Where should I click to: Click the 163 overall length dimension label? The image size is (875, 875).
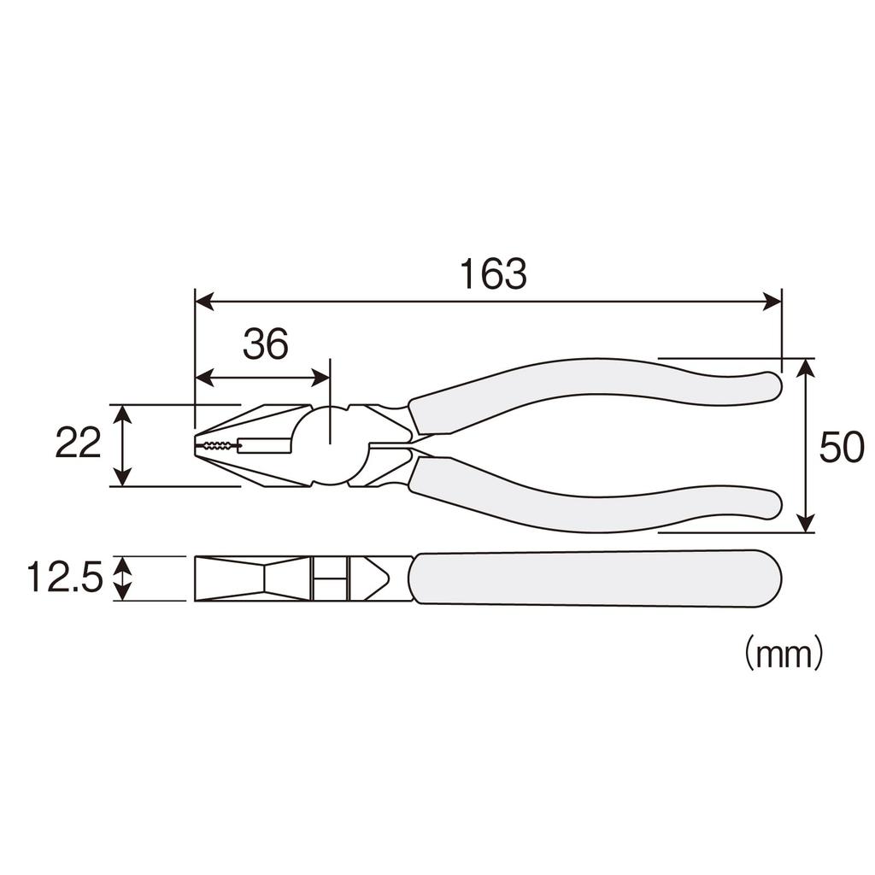(x=493, y=274)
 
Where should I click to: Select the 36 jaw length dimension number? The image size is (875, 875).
(x=265, y=344)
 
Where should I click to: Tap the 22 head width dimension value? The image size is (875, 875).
(x=78, y=444)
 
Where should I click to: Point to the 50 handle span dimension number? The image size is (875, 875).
(x=841, y=448)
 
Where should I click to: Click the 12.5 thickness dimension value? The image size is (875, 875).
(x=64, y=578)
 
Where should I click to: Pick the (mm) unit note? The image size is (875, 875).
(x=783, y=654)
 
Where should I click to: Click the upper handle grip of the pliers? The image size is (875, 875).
(x=590, y=389)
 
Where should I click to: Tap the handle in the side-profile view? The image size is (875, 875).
(x=594, y=578)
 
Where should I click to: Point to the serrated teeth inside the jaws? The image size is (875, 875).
(x=219, y=445)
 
